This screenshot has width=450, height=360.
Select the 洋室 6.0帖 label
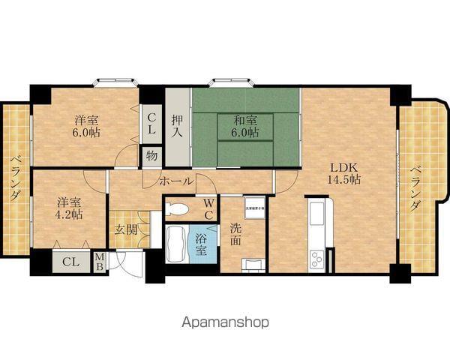pos(86,126)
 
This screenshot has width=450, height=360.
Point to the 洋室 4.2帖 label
pos(68,208)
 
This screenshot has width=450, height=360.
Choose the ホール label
pos(176,181)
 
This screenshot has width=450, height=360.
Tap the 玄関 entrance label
pos(125,229)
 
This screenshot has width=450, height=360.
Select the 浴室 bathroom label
pos(201,243)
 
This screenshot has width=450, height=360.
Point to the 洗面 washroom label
pos(235,235)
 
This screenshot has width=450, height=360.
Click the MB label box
pos(100,262)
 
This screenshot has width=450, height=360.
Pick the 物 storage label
pos(151,157)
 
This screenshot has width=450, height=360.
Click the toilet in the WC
pos(180,207)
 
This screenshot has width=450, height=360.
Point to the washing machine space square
pos(254,208)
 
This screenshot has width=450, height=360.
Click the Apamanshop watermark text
pos(224,322)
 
